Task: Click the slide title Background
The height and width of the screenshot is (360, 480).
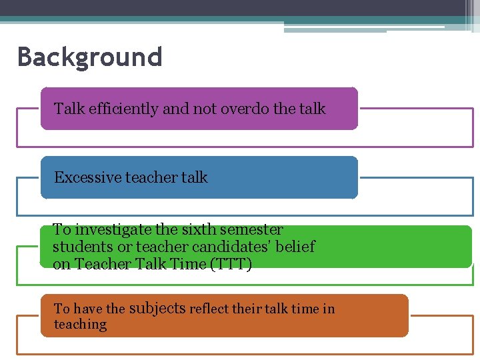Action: click(x=89, y=57)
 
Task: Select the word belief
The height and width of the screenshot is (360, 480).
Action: click(x=297, y=247)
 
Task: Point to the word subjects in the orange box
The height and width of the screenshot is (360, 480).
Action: click(x=157, y=308)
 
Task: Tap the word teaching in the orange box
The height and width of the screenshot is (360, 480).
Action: click(x=80, y=325)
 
